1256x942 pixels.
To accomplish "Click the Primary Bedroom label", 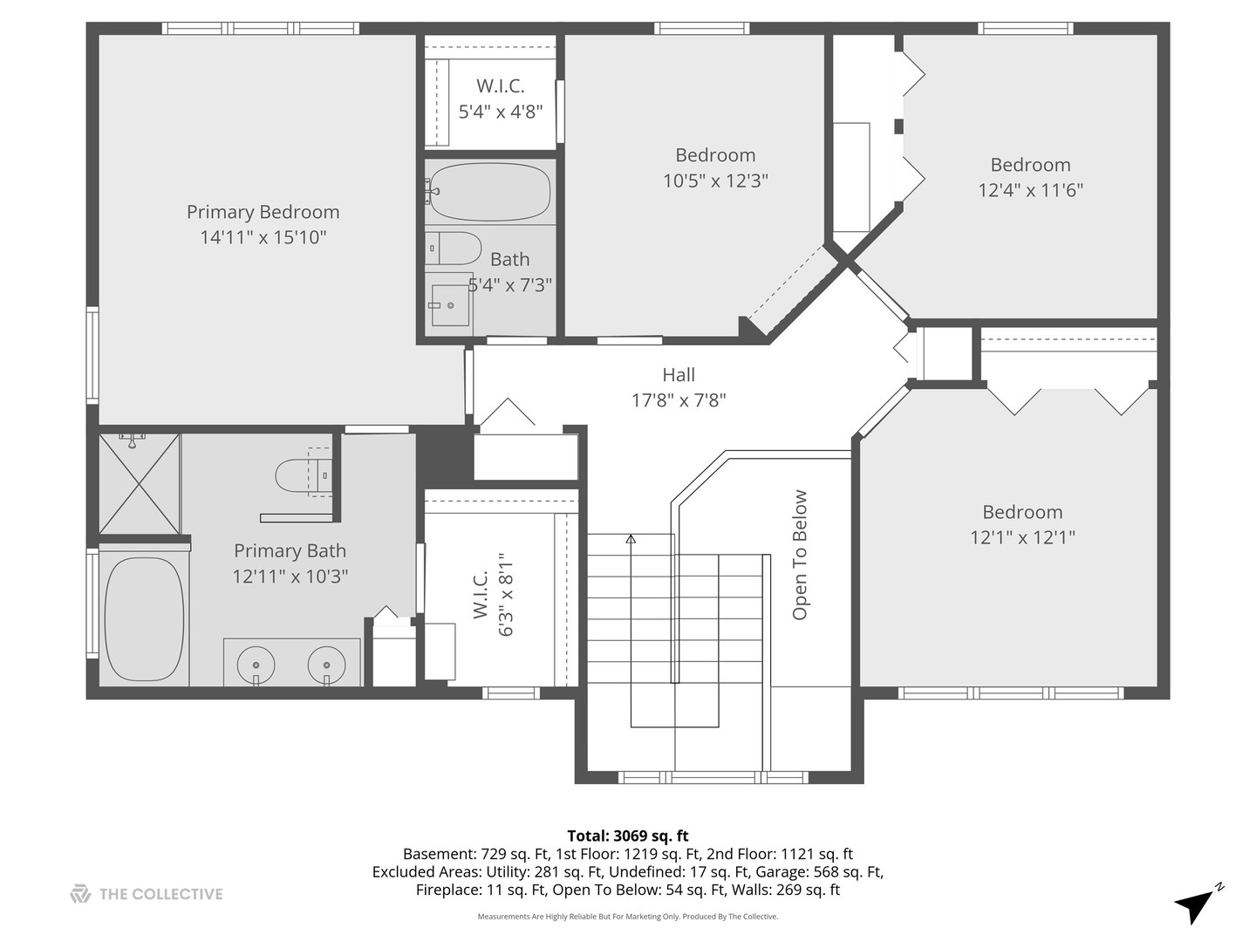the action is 263,212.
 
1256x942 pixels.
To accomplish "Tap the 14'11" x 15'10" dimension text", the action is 263,237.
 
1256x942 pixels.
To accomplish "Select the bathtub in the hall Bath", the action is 490,192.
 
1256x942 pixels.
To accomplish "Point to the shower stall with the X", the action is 140,484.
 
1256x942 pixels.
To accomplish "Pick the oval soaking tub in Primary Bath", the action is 144,619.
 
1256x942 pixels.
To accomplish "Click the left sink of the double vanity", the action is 256,665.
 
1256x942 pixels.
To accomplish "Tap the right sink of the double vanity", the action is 326,665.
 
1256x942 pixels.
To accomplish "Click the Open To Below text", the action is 799,555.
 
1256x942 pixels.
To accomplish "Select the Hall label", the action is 679,375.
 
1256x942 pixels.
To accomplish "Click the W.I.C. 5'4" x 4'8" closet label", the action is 501,99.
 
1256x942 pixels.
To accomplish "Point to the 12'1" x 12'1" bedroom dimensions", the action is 1022,537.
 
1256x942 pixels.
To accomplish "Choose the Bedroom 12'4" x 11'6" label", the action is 1031,177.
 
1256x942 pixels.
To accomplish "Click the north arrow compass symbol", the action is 1198,905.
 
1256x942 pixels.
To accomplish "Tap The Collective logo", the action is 147,894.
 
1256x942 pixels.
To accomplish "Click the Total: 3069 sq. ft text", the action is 628,836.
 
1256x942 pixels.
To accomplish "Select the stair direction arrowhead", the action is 631,539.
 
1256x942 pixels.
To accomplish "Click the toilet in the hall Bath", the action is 454,249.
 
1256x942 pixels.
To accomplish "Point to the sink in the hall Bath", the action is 450,305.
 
